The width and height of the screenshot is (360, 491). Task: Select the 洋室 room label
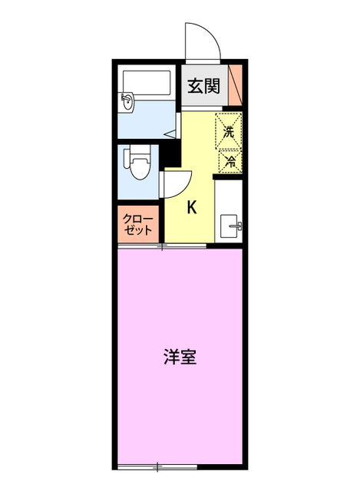tap(180, 357)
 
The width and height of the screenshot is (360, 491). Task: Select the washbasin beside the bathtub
tap(129, 101)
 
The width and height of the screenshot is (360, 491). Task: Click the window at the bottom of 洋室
tap(157, 466)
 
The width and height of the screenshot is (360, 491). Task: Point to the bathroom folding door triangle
tap(176, 133)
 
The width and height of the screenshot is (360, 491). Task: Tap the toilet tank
tap(127, 162)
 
